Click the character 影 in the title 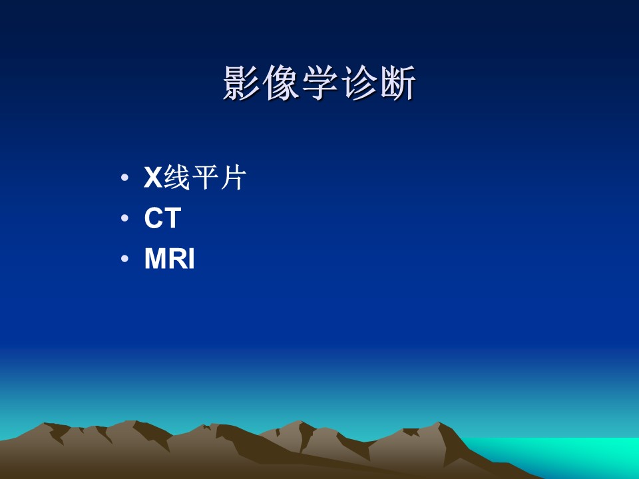click(x=241, y=82)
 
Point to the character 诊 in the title click(x=359, y=82)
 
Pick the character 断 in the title click(x=398, y=82)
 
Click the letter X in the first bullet click(x=153, y=178)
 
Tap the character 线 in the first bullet click(x=177, y=178)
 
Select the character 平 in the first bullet click(x=205, y=178)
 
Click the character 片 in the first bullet click(x=234, y=178)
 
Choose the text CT click(x=162, y=218)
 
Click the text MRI click(x=170, y=258)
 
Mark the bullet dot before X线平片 click(x=124, y=178)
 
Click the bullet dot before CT click(x=124, y=218)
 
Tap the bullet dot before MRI click(x=124, y=258)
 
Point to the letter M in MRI click(x=155, y=258)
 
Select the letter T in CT click(x=173, y=218)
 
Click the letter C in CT click(x=154, y=218)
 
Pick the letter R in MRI click(x=178, y=258)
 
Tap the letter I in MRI click(x=192, y=258)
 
